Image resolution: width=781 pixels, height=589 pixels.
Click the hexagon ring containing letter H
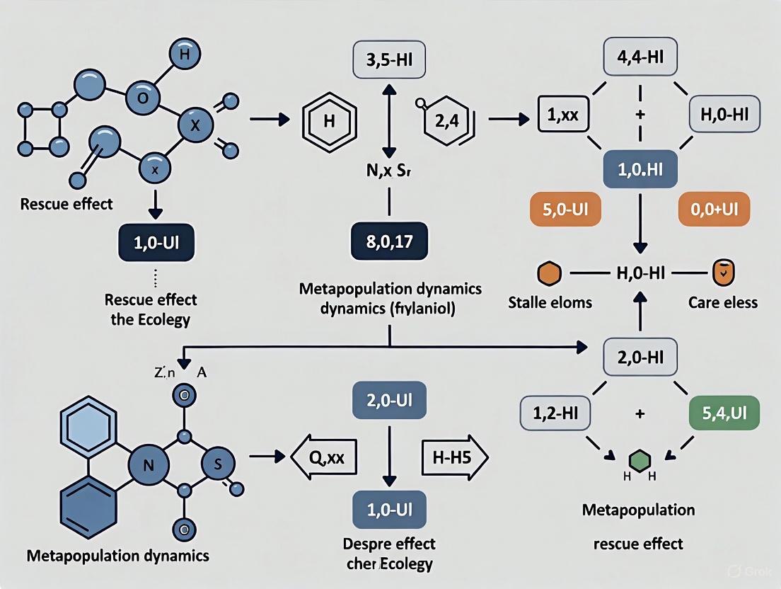(328, 120)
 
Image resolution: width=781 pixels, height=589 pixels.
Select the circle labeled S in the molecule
(217, 464)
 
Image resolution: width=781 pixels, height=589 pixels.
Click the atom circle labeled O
(143, 98)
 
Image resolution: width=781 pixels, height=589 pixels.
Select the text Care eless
(722, 302)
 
